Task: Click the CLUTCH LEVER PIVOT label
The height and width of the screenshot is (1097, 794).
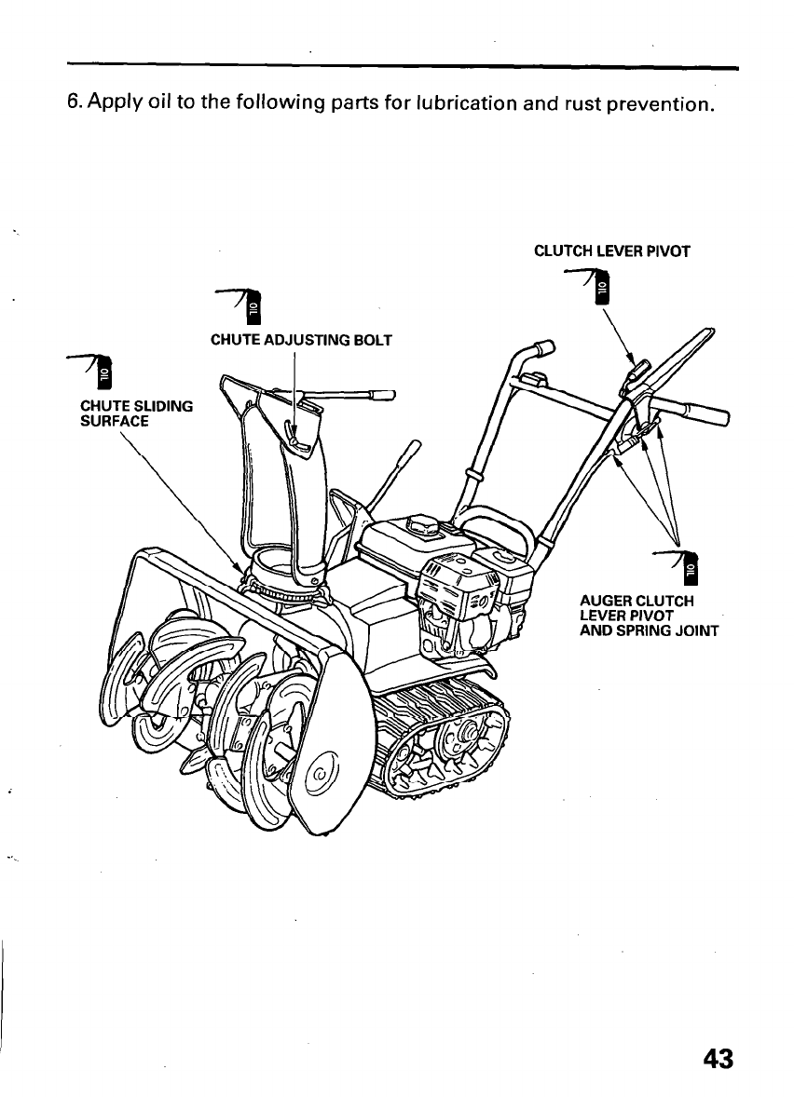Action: [610, 251]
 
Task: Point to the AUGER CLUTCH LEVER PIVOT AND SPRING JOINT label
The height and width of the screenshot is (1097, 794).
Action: [649, 616]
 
